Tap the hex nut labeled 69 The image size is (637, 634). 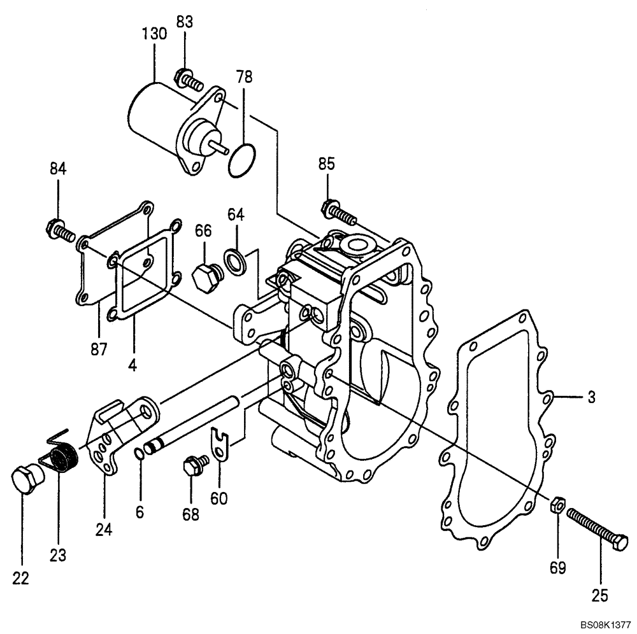[x=555, y=506]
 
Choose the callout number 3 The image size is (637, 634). [x=591, y=397]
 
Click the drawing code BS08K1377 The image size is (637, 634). [x=605, y=625]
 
